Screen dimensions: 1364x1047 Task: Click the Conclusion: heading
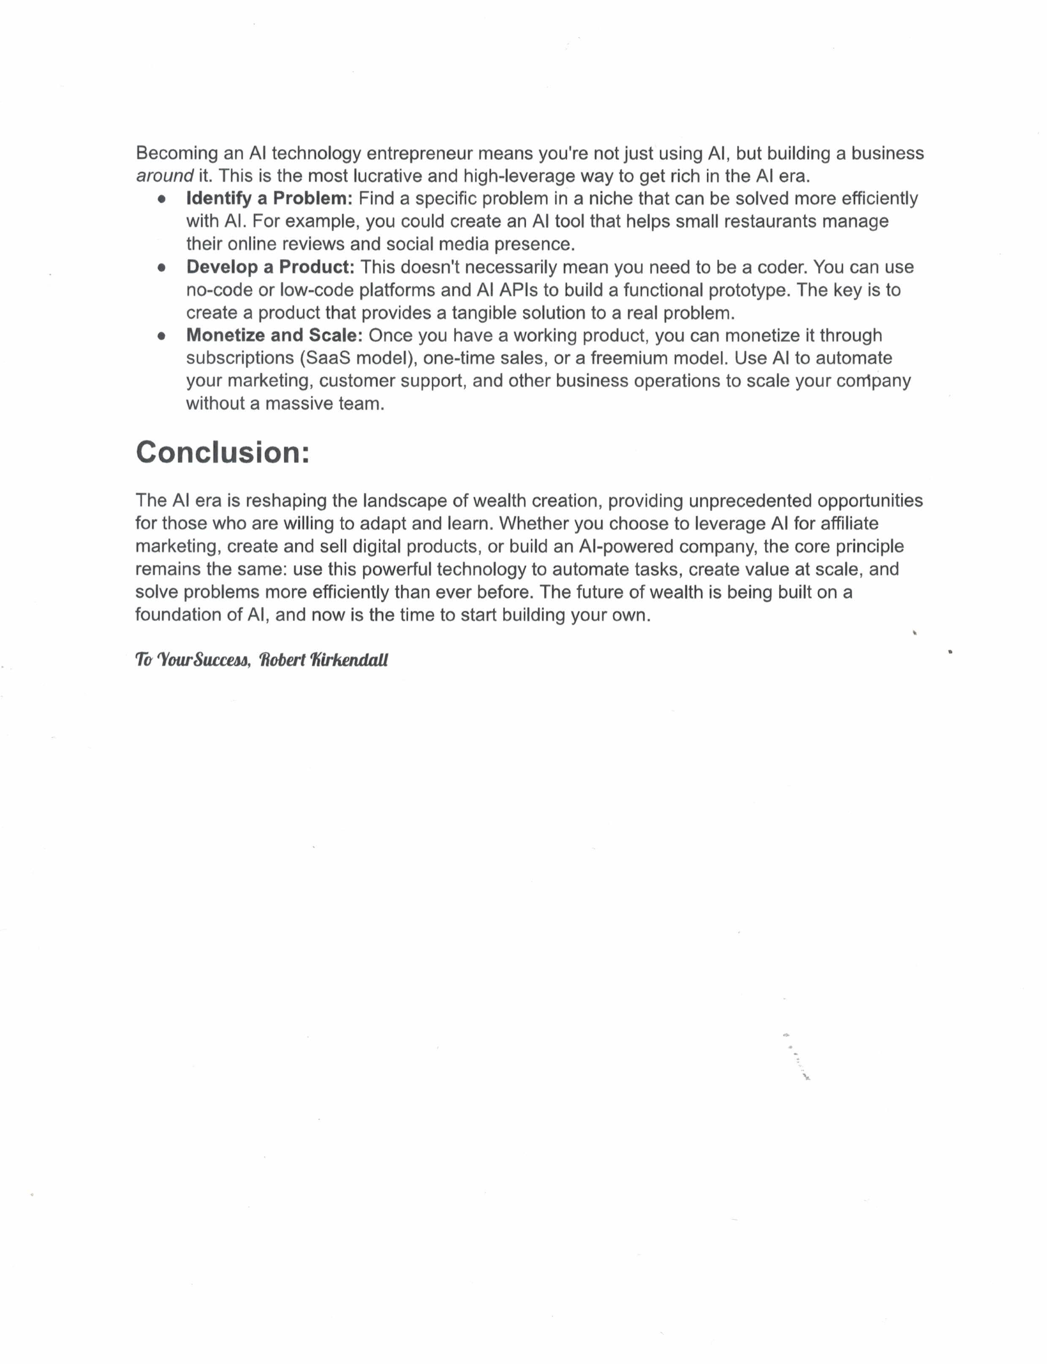pos(223,452)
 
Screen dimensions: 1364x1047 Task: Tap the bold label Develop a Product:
pos(270,267)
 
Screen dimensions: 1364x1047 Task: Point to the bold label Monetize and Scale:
pos(274,335)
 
